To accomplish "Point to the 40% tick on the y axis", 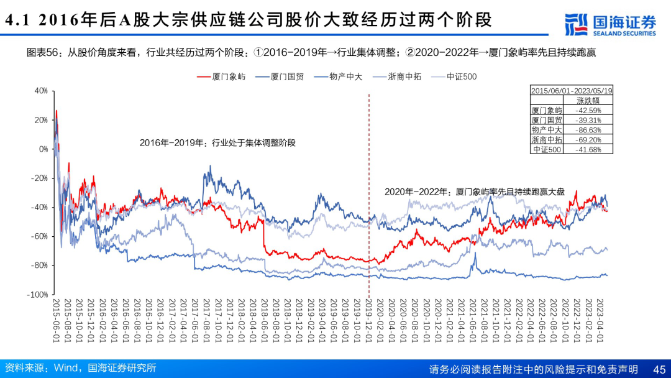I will (x=41, y=91).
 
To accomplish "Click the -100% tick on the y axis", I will (x=39, y=294).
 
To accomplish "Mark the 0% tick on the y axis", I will (x=43, y=149).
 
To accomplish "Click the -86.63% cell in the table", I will (x=588, y=130).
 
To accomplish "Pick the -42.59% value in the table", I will (x=588, y=110).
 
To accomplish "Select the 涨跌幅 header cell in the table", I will (x=588, y=100).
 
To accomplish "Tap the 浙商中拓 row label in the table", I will (x=547, y=140).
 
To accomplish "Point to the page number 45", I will (x=659, y=369).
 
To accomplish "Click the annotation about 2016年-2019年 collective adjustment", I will (x=217, y=142).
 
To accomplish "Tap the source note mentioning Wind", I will (x=80, y=368).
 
